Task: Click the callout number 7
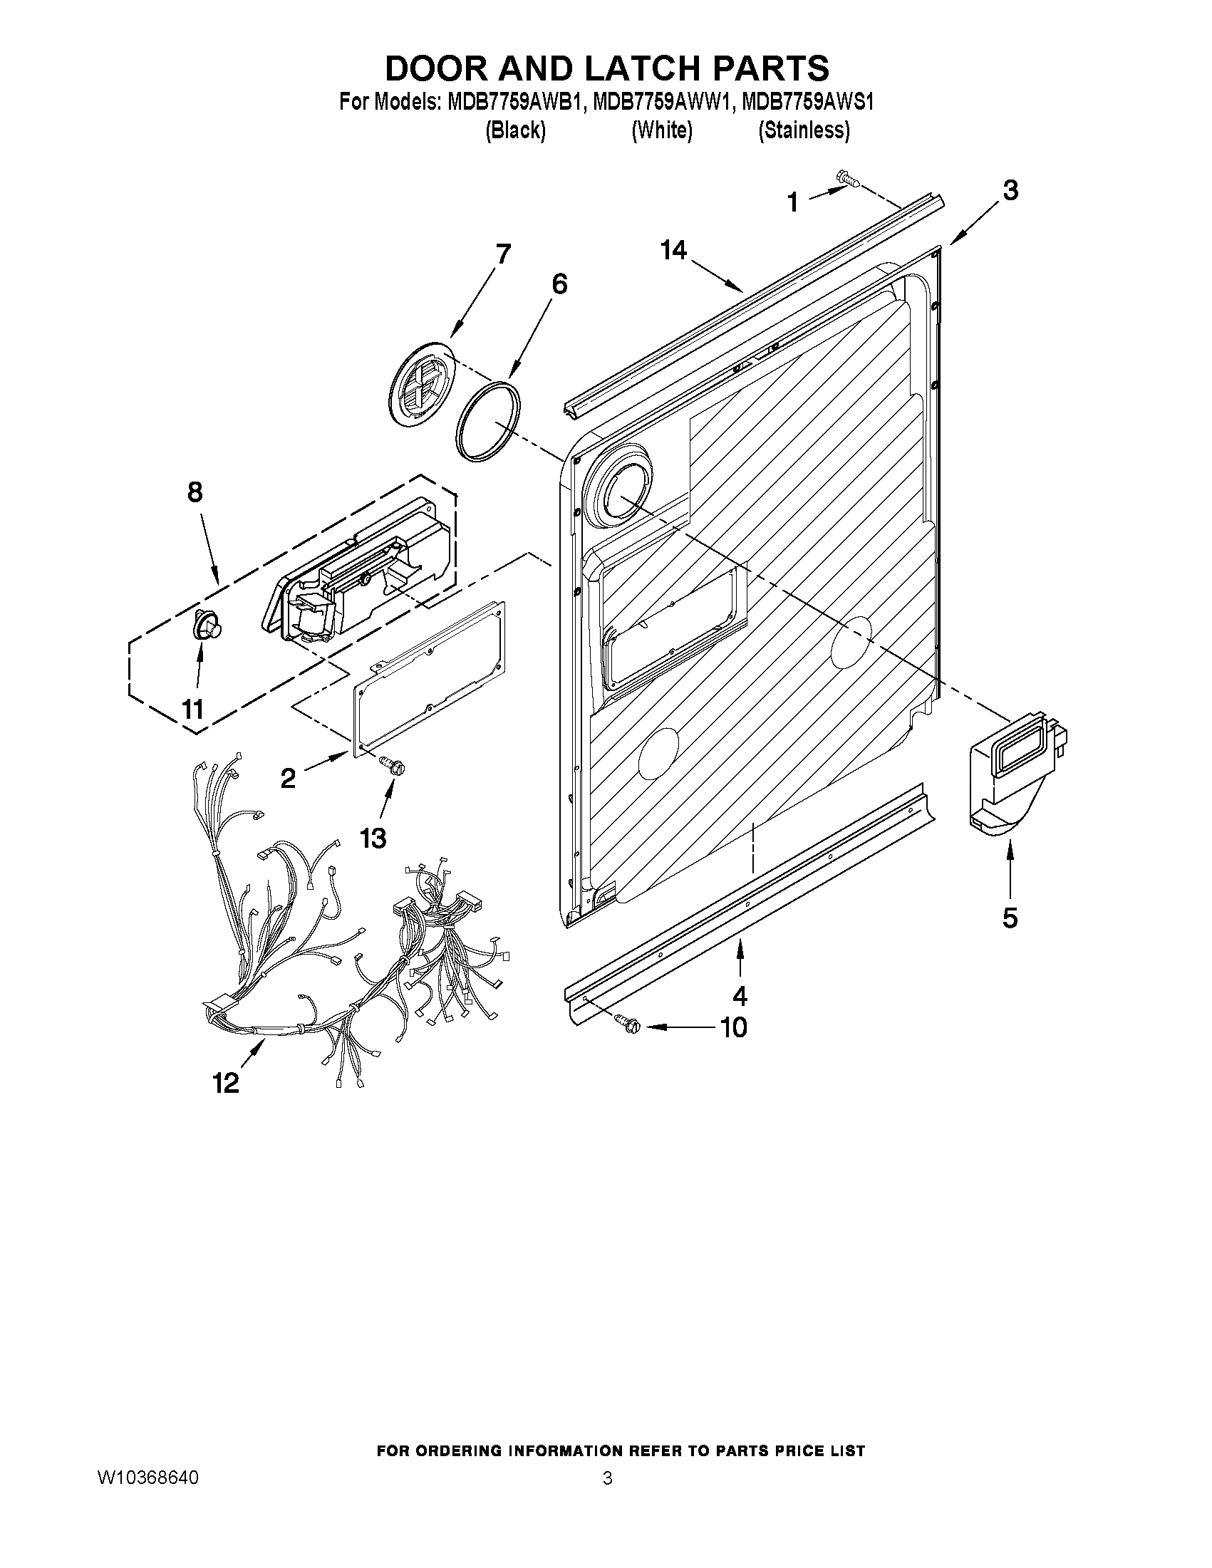(502, 254)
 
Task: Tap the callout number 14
(673, 251)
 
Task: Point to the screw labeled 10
(627, 1025)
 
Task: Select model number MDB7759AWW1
(661, 103)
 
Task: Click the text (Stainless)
(804, 130)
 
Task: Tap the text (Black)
(515, 130)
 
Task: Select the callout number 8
(195, 492)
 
